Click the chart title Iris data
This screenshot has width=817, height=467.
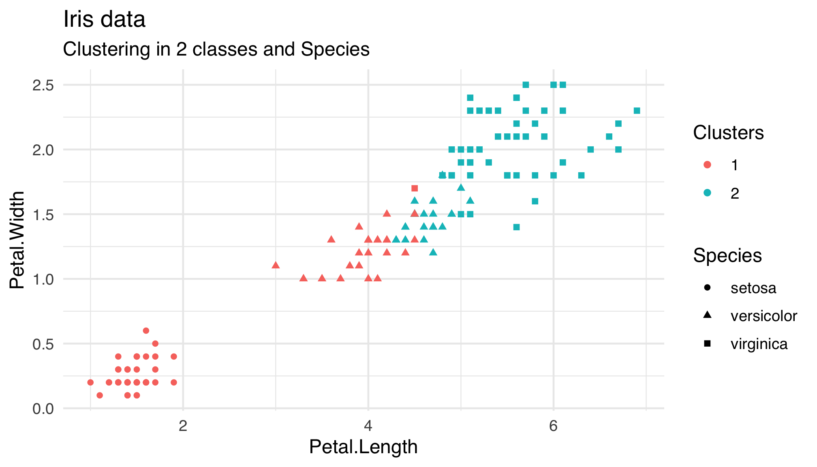pyautogui.click(x=104, y=19)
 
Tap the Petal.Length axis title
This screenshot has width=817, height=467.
pyautogui.click(x=363, y=447)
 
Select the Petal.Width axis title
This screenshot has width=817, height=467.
pyautogui.click(x=17, y=240)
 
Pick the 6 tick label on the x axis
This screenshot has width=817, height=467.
pyautogui.click(x=553, y=426)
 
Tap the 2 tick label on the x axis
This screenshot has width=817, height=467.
pyautogui.click(x=183, y=426)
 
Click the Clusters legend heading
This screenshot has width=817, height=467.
pyautogui.click(x=728, y=133)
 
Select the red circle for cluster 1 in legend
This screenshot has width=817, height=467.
pyautogui.click(x=707, y=165)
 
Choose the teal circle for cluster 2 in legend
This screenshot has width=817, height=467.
pyautogui.click(x=707, y=193)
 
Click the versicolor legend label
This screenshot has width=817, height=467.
pyautogui.click(x=764, y=316)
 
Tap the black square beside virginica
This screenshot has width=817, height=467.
pyautogui.click(x=707, y=344)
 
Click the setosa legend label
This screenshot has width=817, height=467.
pyautogui.click(x=753, y=288)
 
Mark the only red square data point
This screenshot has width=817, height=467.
pyautogui.click(x=414, y=189)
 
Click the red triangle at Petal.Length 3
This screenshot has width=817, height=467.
pyautogui.click(x=276, y=265)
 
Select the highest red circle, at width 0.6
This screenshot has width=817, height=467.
pyautogui.click(x=146, y=331)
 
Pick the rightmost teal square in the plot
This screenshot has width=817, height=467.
pyautogui.click(x=637, y=111)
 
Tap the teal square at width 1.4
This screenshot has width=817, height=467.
pyautogui.click(x=516, y=227)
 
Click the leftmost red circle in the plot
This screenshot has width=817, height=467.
pyautogui.click(x=90, y=382)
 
